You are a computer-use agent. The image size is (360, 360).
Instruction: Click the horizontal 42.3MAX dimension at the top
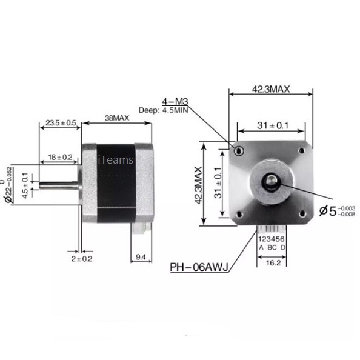(270, 88)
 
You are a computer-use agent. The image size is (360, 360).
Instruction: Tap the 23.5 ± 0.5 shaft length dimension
(61, 123)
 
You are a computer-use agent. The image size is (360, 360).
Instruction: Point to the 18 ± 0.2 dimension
(60, 157)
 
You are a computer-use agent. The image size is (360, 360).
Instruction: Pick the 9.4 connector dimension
(141, 258)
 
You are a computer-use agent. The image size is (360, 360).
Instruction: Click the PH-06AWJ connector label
(198, 266)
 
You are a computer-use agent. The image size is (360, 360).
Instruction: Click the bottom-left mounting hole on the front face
(239, 213)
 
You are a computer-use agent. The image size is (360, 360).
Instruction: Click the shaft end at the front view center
(270, 181)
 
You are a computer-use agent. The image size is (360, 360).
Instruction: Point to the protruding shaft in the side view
(59, 185)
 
